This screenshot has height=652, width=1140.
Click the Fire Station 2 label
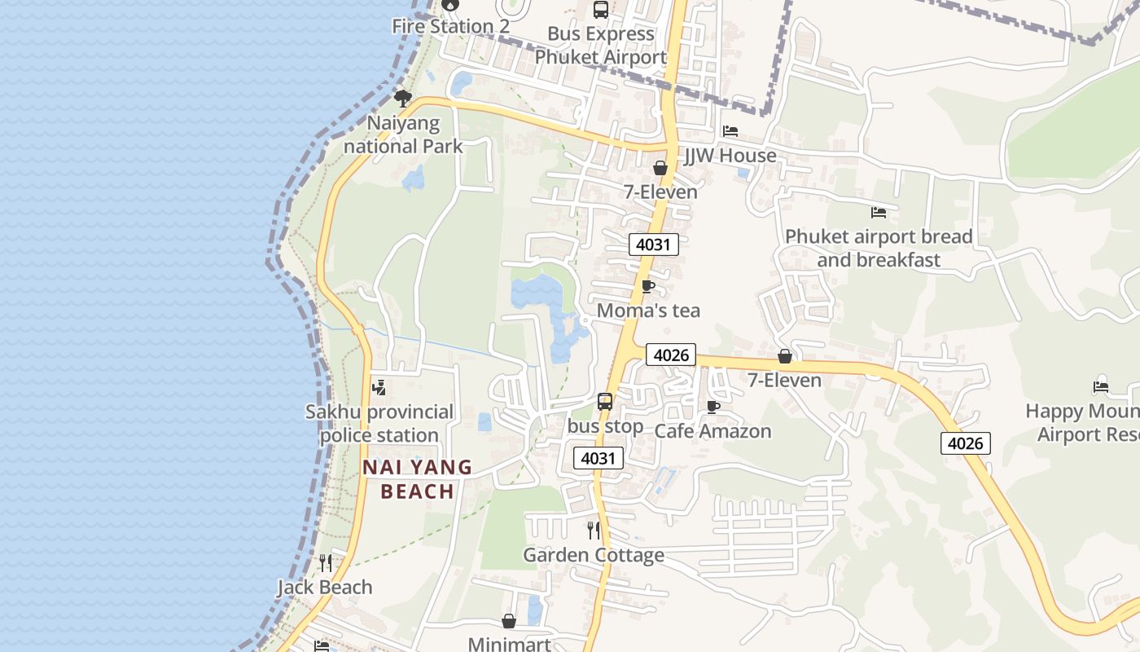[450, 26]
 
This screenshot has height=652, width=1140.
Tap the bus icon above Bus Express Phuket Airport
[601, 10]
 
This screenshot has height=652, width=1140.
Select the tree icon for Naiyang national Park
[402, 99]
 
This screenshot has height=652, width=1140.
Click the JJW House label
[730, 155]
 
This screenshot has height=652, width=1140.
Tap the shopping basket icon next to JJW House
[660, 168]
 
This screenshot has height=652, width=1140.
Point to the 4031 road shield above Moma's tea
[653, 244]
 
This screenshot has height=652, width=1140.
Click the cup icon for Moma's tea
[648, 287]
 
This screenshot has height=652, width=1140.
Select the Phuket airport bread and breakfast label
[879, 248]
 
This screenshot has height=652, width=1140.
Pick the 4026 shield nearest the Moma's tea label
[671, 355]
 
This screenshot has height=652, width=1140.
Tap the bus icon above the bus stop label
[604, 401]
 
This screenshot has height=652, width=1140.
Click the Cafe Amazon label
[712, 431]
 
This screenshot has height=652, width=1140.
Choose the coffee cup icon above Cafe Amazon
[713, 407]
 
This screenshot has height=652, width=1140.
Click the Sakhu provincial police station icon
[379, 388]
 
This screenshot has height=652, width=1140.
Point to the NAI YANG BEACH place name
[417, 479]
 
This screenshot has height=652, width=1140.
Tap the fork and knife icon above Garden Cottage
[594, 531]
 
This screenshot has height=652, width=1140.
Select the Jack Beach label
[324, 587]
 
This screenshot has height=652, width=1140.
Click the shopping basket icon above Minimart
[509, 621]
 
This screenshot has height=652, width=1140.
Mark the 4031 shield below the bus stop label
[598, 458]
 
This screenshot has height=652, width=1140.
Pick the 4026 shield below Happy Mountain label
[966, 443]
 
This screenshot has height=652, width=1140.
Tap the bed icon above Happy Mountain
[1101, 386]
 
